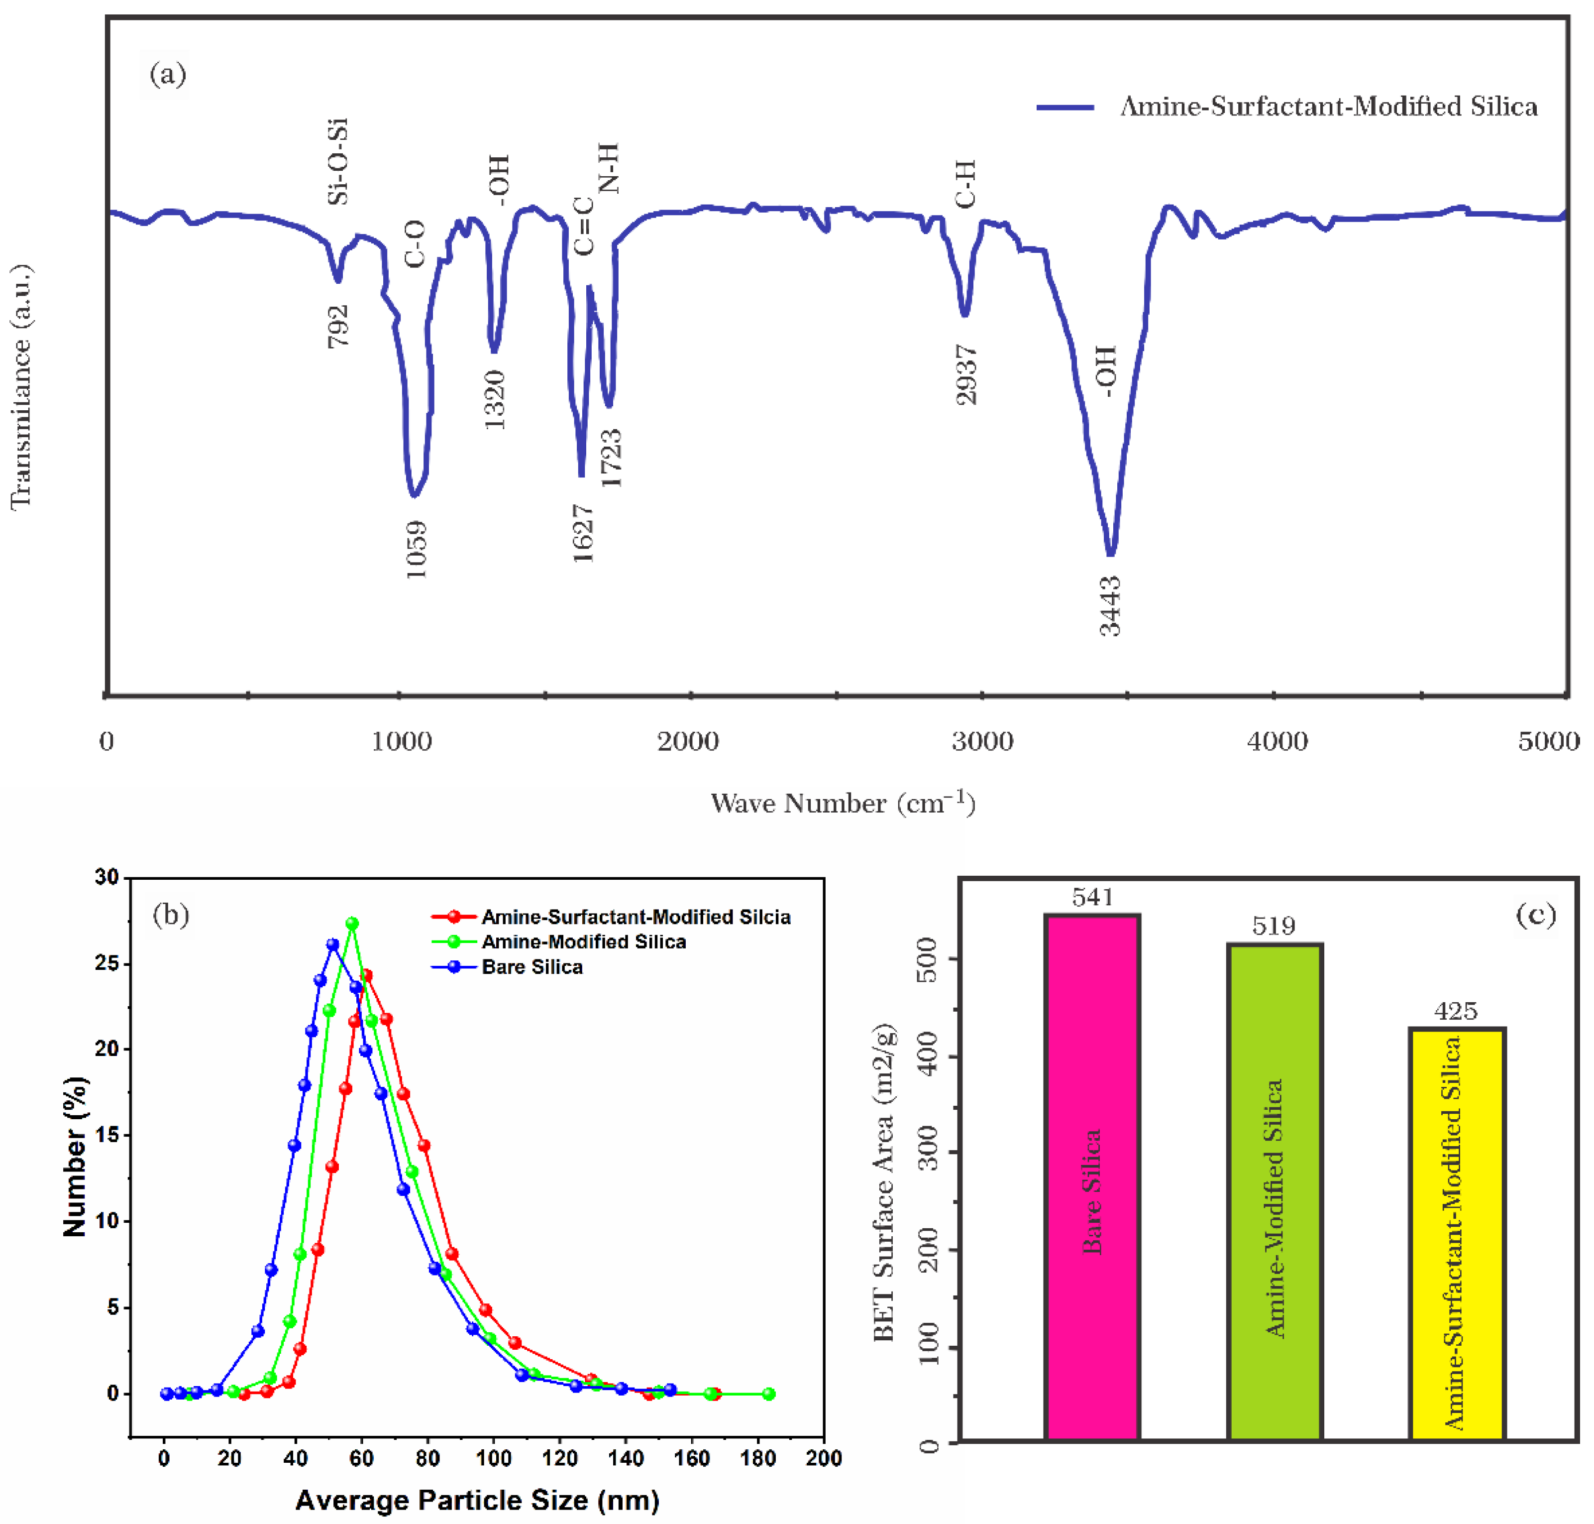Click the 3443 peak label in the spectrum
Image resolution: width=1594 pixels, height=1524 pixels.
coord(1110,605)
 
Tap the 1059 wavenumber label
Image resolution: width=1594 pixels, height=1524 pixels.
coord(416,550)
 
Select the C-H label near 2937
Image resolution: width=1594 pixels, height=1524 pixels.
coord(964,184)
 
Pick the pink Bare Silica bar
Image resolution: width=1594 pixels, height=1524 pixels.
coord(1092,1178)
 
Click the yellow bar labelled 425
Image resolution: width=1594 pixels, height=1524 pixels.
coord(1457,1235)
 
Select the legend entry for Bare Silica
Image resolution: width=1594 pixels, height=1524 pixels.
coord(532,967)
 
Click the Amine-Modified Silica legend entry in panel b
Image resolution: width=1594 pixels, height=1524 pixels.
coord(583,941)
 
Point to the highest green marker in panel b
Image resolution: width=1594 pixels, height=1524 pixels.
coord(352,924)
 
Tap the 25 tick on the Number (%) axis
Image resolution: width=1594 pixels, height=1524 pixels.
coord(106,963)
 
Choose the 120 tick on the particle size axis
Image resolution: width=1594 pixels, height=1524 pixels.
coord(559,1458)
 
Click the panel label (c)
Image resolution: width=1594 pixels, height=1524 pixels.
coord(1536,916)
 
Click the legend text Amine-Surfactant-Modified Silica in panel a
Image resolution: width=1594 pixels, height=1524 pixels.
coord(1328,107)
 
